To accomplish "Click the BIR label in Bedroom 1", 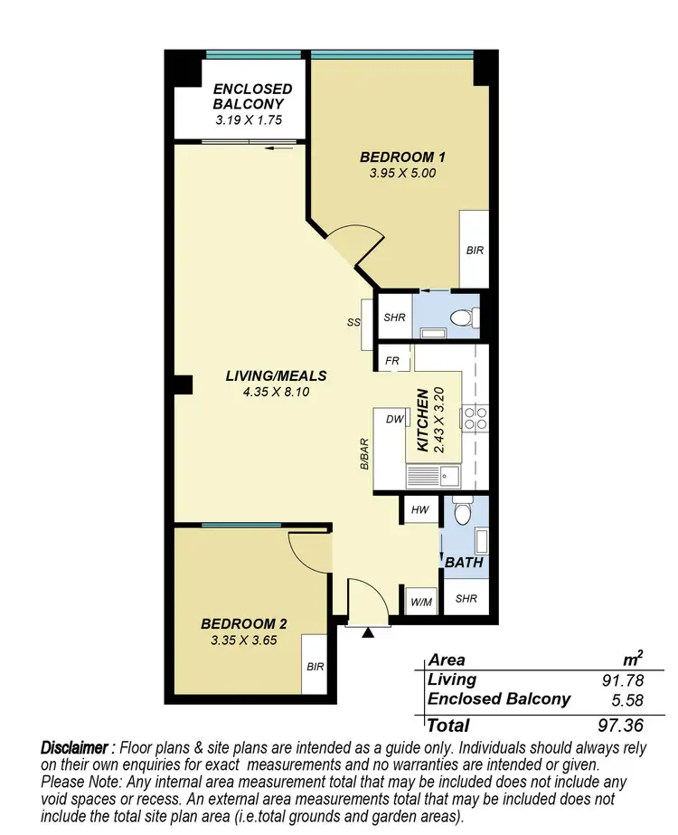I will coord(475,251).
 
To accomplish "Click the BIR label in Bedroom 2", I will coord(315,667).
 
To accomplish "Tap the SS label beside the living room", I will coord(353,322).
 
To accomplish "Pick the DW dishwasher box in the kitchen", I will coord(394,420).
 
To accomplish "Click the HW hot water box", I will coord(419,510).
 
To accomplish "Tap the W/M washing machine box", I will coord(419,601).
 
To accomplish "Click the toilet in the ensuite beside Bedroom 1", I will coord(465,318).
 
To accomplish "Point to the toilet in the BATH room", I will coord(464,515).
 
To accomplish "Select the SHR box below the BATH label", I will coord(466,599).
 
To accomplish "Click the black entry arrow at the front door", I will coord(366,633).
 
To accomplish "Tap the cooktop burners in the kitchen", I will coord(476,417).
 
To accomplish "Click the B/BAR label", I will coord(364,454).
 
